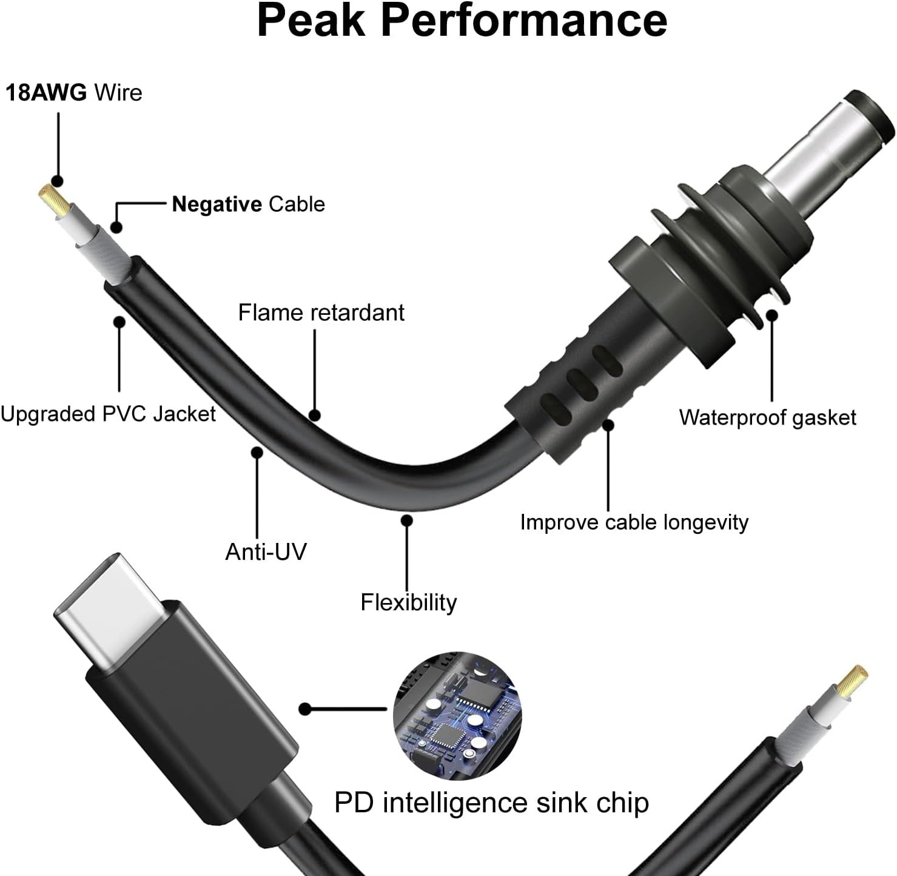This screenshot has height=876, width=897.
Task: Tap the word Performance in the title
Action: (x=525, y=21)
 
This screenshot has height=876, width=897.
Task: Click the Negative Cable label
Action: (x=248, y=204)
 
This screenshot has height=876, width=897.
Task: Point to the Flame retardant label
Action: (x=321, y=313)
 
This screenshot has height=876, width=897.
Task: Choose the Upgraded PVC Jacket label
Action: (x=108, y=414)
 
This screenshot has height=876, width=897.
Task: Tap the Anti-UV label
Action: (x=266, y=552)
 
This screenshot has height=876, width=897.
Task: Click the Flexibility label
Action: (x=408, y=602)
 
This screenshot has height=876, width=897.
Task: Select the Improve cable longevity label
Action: (x=634, y=522)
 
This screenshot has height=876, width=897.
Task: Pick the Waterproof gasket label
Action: (x=767, y=417)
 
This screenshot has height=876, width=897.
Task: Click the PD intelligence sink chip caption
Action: (x=491, y=803)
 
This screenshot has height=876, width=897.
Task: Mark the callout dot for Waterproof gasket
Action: (x=771, y=315)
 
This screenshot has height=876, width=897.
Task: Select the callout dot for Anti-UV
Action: (x=257, y=452)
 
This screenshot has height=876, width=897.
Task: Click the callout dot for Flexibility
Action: (x=407, y=521)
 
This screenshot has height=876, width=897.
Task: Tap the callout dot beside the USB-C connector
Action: (x=305, y=709)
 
